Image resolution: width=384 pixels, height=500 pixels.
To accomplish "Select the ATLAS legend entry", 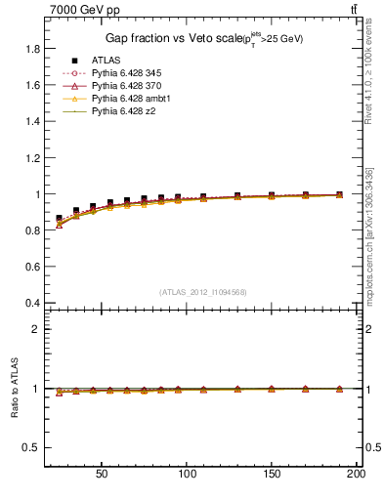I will pos(107,61).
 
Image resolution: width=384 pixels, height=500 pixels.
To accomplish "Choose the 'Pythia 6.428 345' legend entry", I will pos(130,73).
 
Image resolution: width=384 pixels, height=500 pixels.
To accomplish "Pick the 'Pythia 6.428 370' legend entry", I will pos(130,86).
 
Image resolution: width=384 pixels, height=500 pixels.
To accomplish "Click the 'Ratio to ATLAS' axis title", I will pos(13,388).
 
